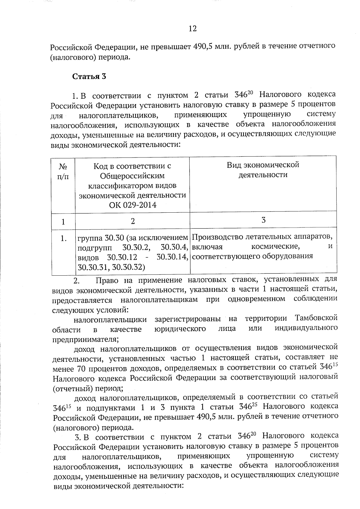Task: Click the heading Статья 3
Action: pos(89,76)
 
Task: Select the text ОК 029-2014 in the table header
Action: pos(133,205)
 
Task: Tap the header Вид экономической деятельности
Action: pos(263,170)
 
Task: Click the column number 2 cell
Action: pos(133,221)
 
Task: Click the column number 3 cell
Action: pos(263,220)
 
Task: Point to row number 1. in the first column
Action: pos(63,239)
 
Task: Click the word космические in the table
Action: pos(275,247)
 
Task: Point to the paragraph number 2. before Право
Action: pos(76,281)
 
